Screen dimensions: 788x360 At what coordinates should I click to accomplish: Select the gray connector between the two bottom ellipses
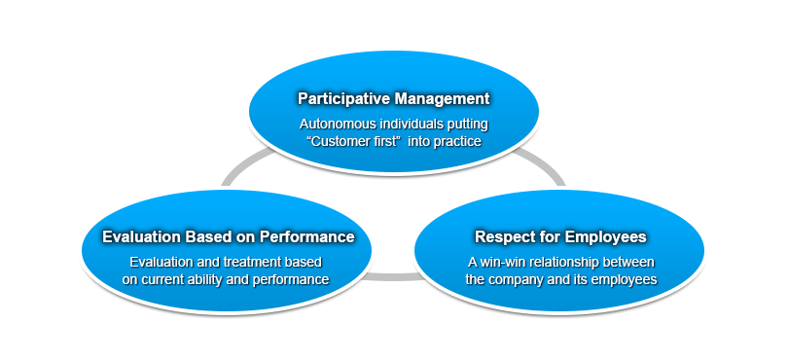393,276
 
